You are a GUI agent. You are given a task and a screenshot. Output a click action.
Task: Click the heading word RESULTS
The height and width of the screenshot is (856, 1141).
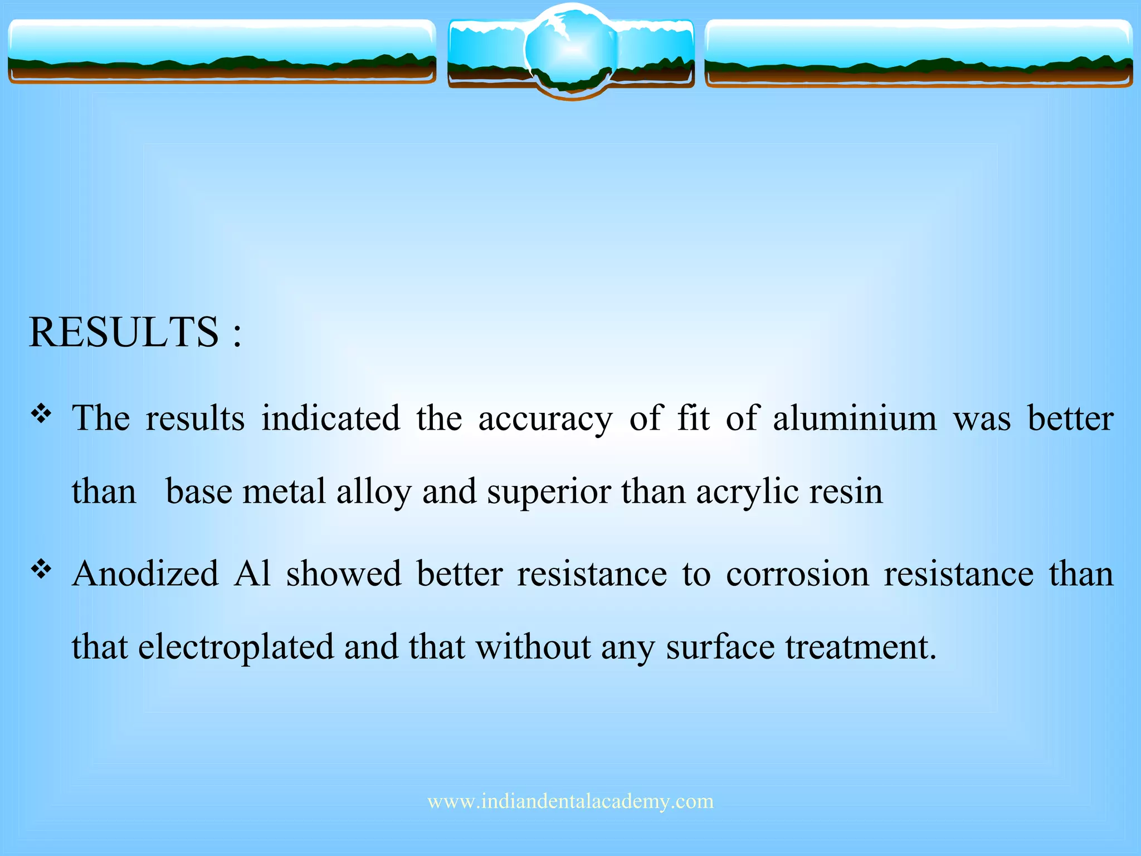point(124,333)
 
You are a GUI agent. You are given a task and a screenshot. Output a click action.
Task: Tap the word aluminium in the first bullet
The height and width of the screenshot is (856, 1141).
point(855,419)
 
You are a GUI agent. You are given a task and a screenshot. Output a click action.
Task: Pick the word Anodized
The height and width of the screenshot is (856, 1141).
point(145,574)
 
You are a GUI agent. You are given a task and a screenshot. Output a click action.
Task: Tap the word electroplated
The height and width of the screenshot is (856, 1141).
point(236,648)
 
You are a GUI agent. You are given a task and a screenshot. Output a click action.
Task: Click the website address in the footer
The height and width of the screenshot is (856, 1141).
point(570,801)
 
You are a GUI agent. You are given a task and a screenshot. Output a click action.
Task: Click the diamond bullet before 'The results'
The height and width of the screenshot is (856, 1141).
point(41,414)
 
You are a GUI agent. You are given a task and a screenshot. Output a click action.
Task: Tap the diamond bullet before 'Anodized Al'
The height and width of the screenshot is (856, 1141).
point(41,570)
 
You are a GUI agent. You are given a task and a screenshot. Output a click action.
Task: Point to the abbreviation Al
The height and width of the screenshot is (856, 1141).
point(252,574)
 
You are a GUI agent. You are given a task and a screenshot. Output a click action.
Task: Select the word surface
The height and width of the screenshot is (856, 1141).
point(720,648)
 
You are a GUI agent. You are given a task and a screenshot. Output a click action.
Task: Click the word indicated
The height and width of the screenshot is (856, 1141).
point(331,419)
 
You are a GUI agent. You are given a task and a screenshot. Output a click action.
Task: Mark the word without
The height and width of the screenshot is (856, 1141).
point(533,648)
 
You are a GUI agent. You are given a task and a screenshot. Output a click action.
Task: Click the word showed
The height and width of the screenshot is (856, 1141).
point(344,574)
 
